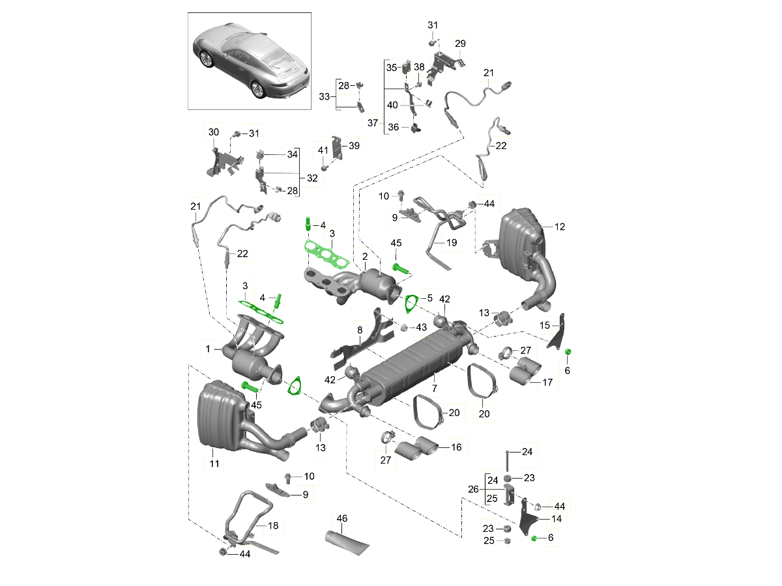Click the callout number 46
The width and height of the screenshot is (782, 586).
click(x=341, y=518)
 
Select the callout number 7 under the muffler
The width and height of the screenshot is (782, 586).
click(x=434, y=388)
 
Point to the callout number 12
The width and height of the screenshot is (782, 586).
click(x=559, y=227)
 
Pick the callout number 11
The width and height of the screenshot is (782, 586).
click(x=214, y=464)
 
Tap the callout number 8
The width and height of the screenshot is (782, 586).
click(x=360, y=330)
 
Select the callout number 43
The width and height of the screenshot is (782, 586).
click(x=421, y=328)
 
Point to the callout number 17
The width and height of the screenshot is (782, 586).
click(x=547, y=382)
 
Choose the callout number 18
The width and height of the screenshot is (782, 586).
click(x=273, y=525)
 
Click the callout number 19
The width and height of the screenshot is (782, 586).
click(x=452, y=243)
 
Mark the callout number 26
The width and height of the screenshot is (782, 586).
click(x=473, y=489)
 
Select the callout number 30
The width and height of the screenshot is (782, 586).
click(x=213, y=132)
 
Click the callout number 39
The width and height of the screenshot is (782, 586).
click(x=354, y=145)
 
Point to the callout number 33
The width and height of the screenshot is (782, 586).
click(x=324, y=96)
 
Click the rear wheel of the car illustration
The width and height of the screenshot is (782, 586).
click(x=257, y=89)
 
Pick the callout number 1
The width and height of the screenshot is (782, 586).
click(x=208, y=349)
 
